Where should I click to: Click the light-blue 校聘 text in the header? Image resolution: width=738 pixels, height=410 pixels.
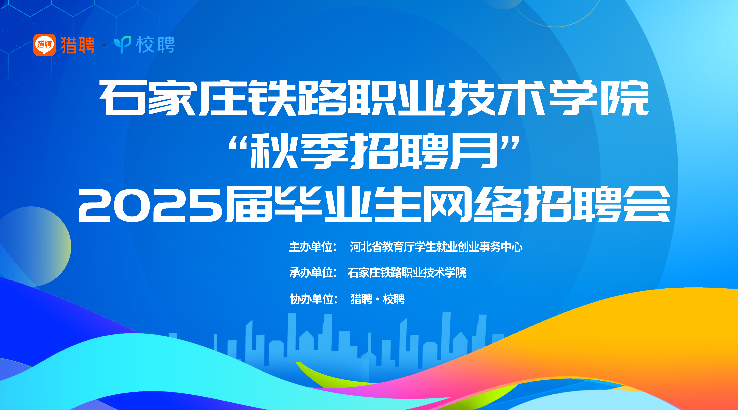[155, 45]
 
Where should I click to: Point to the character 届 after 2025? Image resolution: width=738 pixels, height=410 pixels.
[249, 205]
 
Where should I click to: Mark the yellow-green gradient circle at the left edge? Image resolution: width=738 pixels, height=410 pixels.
[32, 246]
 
